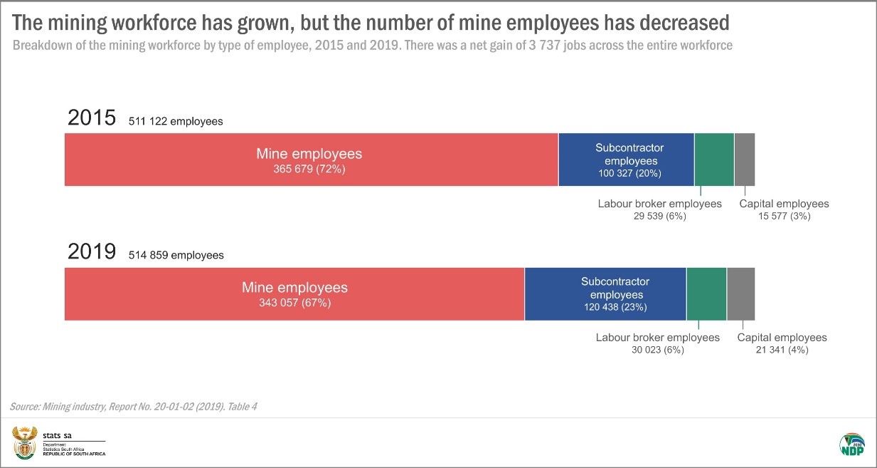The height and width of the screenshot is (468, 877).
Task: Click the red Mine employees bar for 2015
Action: coord(311,160)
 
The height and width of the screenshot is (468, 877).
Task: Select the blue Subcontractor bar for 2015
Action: coord(626,160)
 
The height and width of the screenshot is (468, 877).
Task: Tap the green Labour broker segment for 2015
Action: coord(713,160)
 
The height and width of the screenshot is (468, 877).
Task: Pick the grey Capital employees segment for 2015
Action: coord(744,160)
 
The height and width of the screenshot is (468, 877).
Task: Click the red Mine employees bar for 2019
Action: coord(294,293)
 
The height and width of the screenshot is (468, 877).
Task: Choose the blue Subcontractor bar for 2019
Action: coord(605,293)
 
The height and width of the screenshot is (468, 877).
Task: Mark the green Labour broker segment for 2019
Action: coord(706,293)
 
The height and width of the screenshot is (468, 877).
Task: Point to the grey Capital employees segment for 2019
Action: coord(740,293)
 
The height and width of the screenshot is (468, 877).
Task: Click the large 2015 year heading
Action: coord(92,118)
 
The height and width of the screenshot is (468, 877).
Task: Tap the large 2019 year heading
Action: coord(92,251)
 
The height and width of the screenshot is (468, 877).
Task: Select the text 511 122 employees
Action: coord(176,122)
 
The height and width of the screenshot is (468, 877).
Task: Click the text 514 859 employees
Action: coord(176,255)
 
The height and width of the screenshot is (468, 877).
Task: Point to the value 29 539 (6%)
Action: coord(659,216)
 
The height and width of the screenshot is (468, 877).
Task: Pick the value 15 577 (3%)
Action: coord(784,216)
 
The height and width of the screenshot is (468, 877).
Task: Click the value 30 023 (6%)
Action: coord(657,350)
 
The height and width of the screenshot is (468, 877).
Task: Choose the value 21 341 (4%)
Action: coord(782,350)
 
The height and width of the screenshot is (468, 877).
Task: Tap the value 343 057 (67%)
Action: coord(294,303)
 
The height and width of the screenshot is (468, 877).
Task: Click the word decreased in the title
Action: coord(679,23)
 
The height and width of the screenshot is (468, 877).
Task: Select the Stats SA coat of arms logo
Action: coord(24,443)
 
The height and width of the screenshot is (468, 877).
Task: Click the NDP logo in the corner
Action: coord(851,443)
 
